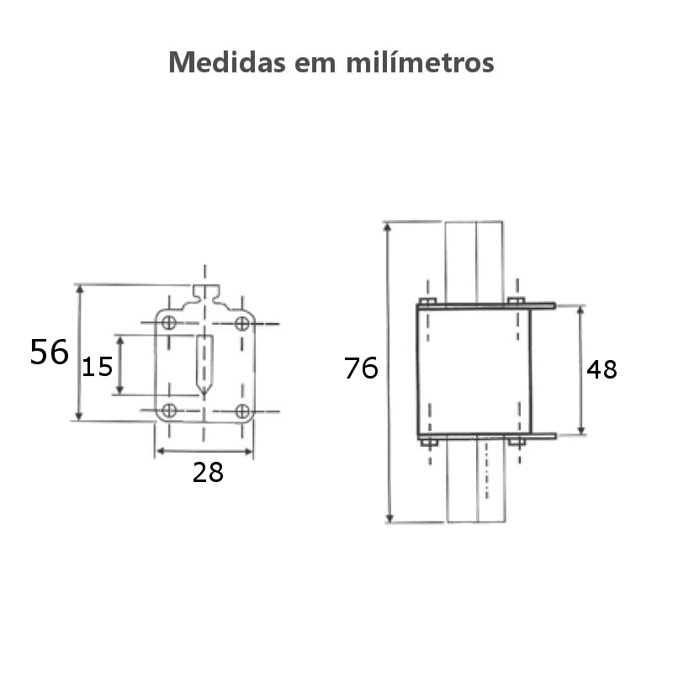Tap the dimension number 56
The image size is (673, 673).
pos(49,352)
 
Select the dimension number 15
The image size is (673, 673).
pos(97,367)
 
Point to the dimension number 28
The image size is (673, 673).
pos(208,473)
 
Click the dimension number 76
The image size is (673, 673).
pos(361,368)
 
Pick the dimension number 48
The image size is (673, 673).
pos(601,369)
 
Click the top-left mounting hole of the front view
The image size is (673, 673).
pos(169,323)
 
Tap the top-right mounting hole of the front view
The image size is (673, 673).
pos(242,323)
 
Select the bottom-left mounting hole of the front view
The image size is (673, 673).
pos(169,411)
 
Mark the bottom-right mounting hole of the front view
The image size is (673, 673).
pos(242,411)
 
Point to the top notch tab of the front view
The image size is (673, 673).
pos(205,293)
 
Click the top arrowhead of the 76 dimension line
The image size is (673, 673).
pos(389,227)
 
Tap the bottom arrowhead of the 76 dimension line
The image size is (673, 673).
pos(389,517)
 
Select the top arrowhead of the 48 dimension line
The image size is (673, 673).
pos(580,311)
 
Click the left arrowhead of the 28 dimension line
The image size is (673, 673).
pos(160,452)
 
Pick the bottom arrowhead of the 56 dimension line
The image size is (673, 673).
pos(79,415)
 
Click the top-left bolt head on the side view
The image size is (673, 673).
pos(427,300)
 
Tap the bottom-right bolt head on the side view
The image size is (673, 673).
pos(517,442)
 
